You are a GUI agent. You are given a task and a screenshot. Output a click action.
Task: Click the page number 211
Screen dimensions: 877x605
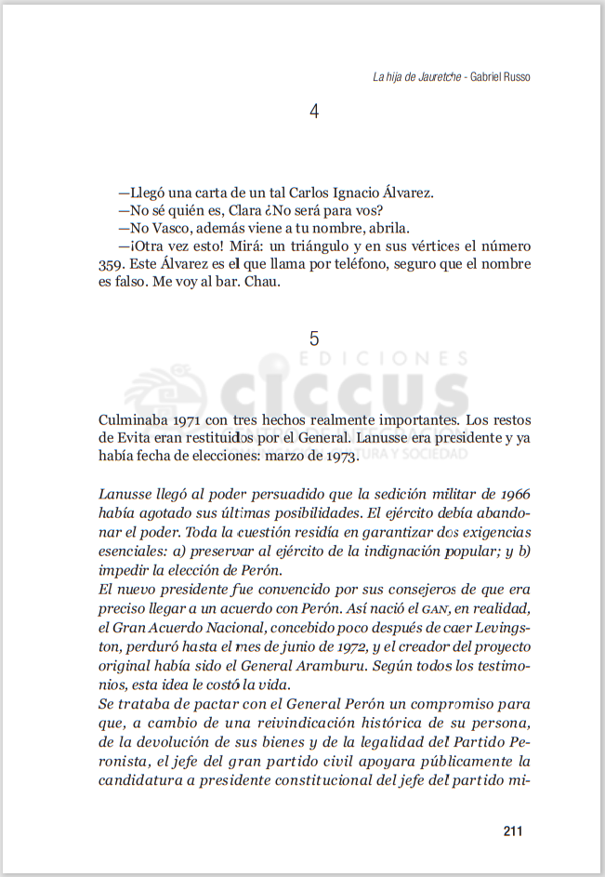pos(513,831)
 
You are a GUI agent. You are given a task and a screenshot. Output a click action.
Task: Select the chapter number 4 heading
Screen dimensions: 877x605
pos(314,112)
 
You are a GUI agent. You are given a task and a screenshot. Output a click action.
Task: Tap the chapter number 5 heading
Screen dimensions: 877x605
pos(314,339)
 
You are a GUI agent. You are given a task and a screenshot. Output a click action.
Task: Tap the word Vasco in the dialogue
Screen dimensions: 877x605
pos(173,229)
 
